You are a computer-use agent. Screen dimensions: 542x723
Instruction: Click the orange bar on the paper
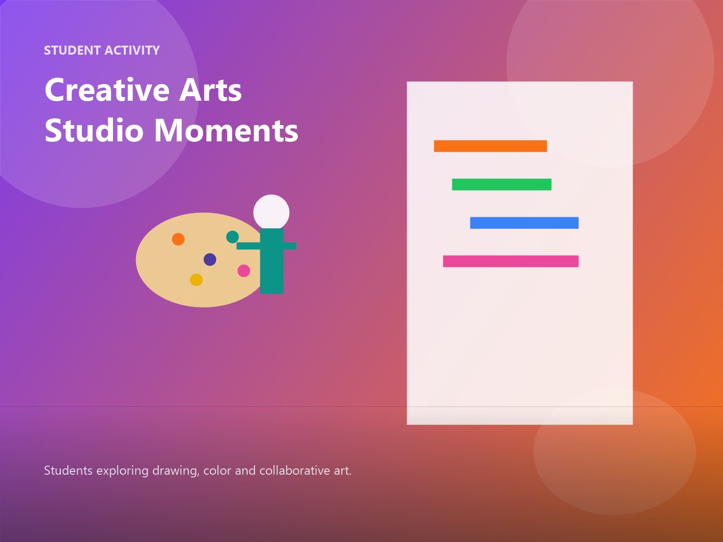coord(490,146)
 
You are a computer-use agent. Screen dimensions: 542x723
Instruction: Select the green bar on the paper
coord(502,184)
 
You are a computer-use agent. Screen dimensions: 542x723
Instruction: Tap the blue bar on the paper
coord(524,223)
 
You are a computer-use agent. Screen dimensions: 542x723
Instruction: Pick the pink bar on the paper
coord(511,261)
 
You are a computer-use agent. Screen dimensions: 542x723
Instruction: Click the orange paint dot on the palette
coord(178,239)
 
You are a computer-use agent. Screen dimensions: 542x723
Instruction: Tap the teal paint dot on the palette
coord(232,237)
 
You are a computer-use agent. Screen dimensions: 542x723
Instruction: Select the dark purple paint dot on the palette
coord(210,259)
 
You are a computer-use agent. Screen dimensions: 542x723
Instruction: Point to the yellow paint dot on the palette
coord(196,280)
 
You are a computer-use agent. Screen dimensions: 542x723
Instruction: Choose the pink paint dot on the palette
coord(244,271)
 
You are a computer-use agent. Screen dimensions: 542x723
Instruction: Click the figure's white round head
coord(271,212)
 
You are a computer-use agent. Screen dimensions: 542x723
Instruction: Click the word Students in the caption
coord(68,471)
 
